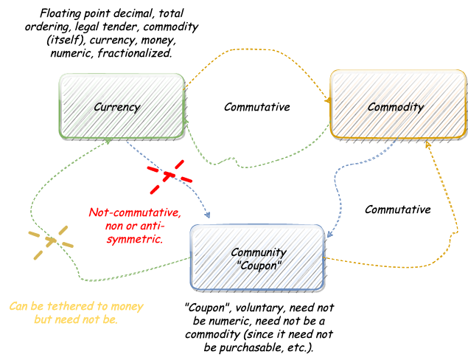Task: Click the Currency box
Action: click(x=121, y=107)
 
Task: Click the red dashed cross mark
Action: click(x=168, y=175)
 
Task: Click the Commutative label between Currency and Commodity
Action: click(x=256, y=107)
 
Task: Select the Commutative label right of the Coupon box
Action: click(x=397, y=210)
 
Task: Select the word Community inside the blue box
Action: click(x=257, y=252)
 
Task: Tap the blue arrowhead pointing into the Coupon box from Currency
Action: click(x=209, y=217)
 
